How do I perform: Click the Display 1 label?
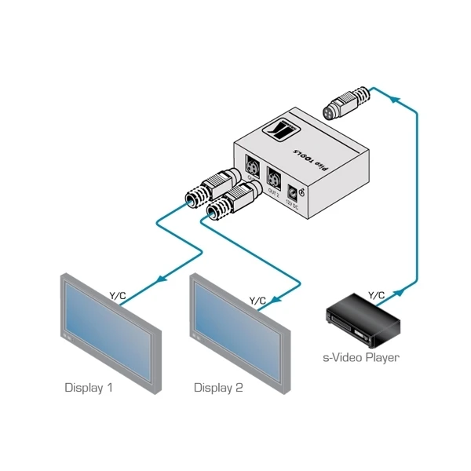pos(88,387)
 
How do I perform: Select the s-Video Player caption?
pos(361,358)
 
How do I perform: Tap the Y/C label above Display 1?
pos(117,295)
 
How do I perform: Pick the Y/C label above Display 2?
pos(257,300)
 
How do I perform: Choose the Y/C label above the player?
pos(377,295)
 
